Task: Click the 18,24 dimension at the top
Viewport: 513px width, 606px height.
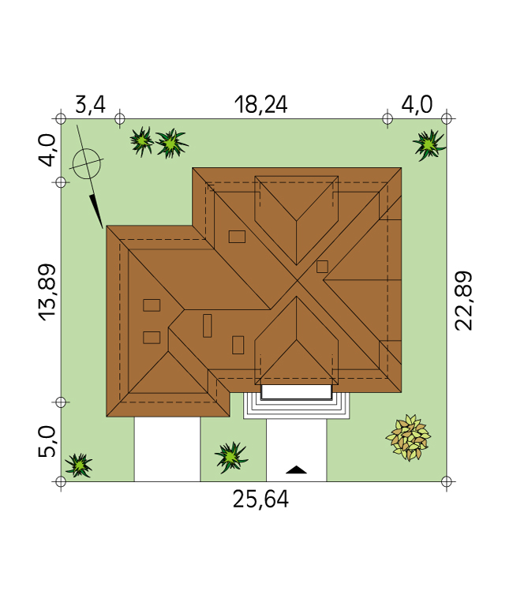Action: coord(261,105)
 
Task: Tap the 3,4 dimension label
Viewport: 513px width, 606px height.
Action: coord(90,105)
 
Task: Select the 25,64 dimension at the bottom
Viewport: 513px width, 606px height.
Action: coord(260,499)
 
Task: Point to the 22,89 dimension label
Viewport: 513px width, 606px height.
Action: coord(463,301)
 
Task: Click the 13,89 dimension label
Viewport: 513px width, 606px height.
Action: coord(47,293)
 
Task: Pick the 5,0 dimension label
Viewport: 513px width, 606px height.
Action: coord(47,442)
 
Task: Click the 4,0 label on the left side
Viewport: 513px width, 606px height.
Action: coord(47,150)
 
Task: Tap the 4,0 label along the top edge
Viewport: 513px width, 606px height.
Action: coord(417,105)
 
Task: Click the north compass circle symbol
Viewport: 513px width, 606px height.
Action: coord(87,164)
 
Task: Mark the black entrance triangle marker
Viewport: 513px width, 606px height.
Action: coord(296,469)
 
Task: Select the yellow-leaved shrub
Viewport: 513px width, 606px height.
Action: coord(408,437)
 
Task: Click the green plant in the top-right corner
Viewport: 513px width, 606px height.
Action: coord(429,145)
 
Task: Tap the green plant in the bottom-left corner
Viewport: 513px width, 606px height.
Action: coord(79,465)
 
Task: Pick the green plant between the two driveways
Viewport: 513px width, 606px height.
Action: coord(231,458)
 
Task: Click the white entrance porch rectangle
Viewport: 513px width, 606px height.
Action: coord(297,391)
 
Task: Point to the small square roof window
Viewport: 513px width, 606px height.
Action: coord(322,267)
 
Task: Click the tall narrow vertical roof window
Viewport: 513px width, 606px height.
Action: coord(208,326)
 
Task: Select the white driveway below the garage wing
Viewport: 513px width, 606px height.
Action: coord(167,449)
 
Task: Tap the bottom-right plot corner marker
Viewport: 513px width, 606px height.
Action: coord(447,481)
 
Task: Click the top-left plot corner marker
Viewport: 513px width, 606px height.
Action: coord(61,118)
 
